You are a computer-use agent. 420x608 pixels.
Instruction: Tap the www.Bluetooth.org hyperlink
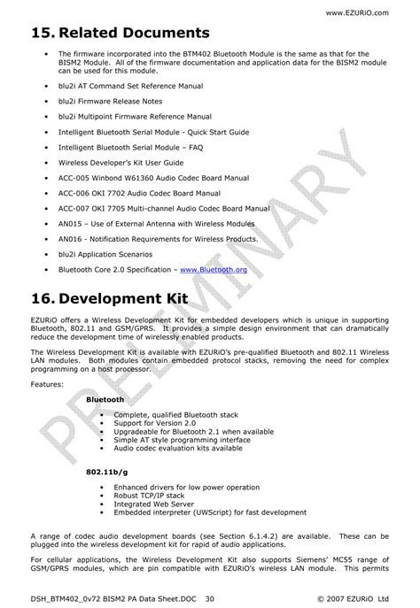pyautogui.click(x=213, y=269)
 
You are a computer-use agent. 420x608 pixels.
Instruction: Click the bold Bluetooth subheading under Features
pyautogui.click(x=105, y=400)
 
